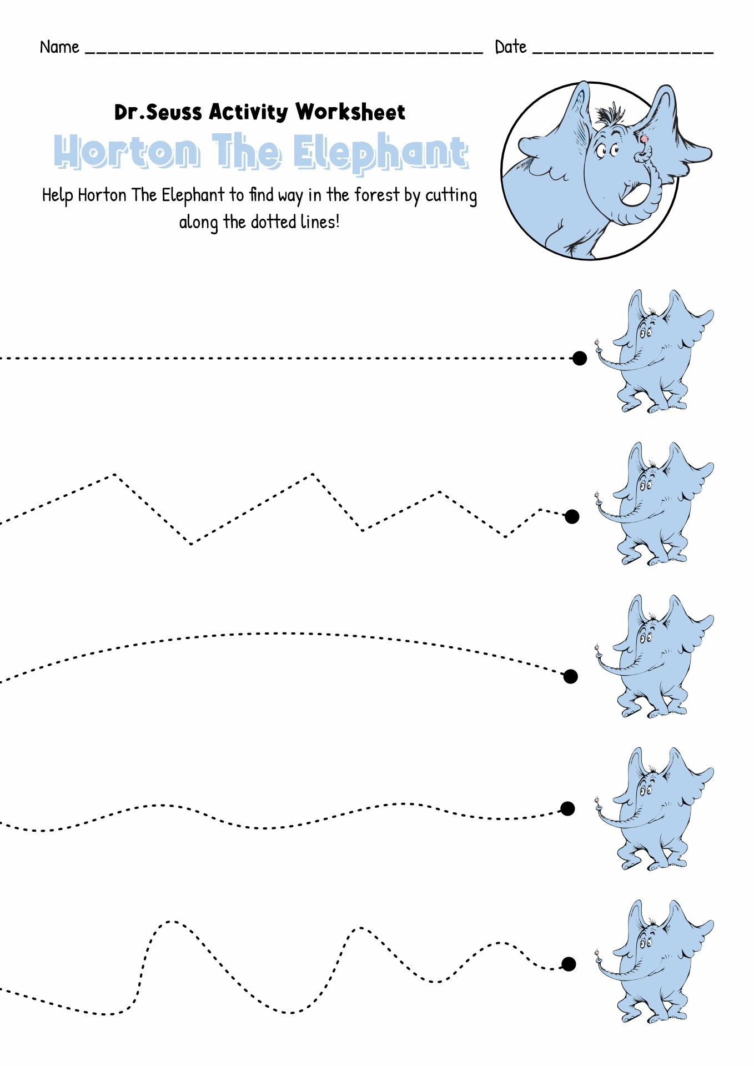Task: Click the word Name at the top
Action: (x=59, y=47)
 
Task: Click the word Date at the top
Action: (x=510, y=47)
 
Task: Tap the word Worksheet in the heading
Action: (x=350, y=112)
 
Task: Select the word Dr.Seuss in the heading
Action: (x=158, y=112)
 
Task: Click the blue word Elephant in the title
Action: (x=380, y=152)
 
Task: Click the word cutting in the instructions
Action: (x=451, y=196)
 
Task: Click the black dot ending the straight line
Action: (x=580, y=358)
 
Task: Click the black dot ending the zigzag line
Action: (x=572, y=516)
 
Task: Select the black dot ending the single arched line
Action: (x=570, y=676)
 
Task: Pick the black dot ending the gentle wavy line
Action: (x=567, y=808)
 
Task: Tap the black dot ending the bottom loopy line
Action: (x=569, y=964)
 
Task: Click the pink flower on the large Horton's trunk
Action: (x=644, y=138)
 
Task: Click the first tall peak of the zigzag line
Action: (x=114, y=474)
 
